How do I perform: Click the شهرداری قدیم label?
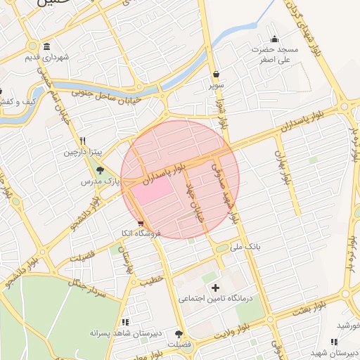[46, 56]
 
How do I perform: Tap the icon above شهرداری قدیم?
[46, 44]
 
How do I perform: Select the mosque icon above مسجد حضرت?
[274, 39]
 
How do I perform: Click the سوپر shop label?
[214, 85]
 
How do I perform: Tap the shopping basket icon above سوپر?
[214, 74]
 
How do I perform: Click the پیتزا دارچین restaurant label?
[84, 152]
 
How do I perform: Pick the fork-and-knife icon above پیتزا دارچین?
[83, 141]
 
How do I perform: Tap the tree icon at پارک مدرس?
[100, 170]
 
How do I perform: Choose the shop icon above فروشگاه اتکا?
[141, 223]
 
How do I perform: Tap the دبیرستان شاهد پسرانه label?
[124, 333]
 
